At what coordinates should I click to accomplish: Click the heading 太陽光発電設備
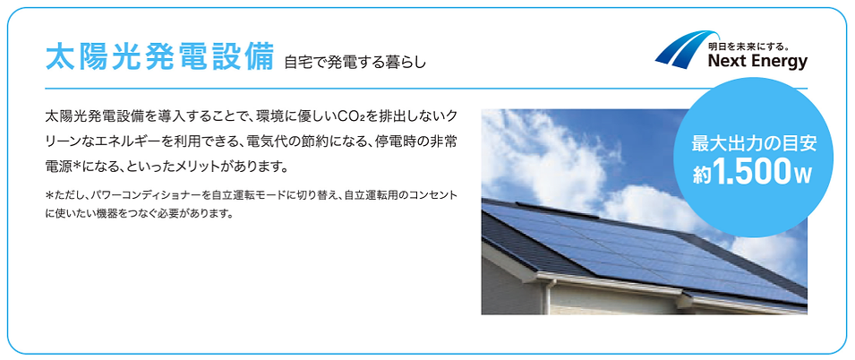158,58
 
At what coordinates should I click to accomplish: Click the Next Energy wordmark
757,62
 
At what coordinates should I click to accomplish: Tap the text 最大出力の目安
754,143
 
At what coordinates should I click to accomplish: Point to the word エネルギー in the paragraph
134,141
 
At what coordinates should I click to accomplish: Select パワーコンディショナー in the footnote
143,194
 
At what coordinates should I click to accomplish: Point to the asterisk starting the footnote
49,194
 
